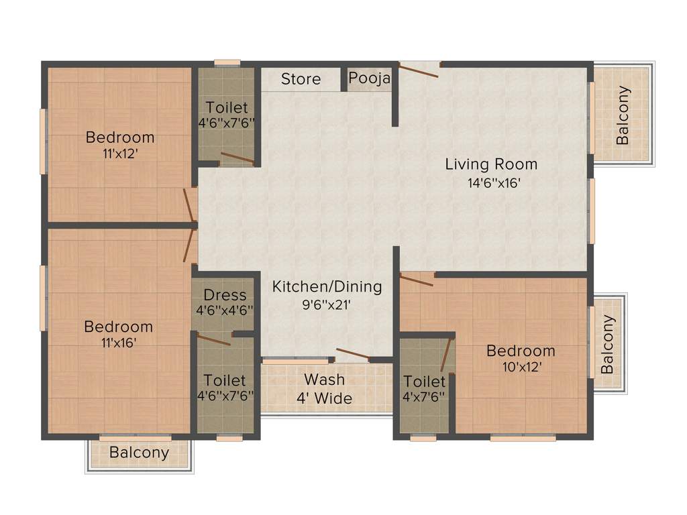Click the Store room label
point(301,79)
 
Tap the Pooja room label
point(369,78)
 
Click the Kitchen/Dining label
point(327,287)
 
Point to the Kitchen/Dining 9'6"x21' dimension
point(327,304)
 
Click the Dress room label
point(225,295)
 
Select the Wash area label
point(325,380)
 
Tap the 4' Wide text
point(325,398)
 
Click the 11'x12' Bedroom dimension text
point(120,153)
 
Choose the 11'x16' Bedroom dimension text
point(118,343)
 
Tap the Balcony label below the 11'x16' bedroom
point(140,453)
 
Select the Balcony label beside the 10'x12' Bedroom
point(607,344)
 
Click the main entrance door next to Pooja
point(419,70)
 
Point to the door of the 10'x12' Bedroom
point(417,279)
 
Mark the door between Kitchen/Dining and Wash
point(352,355)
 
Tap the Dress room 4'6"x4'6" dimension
point(225,310)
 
